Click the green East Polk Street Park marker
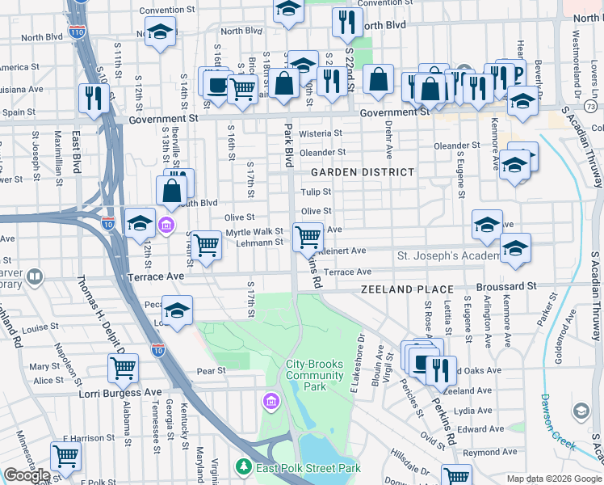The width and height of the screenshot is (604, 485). click(241, 467)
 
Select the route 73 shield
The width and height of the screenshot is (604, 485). click(591, 107)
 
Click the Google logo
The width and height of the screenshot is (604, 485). click(27, 475)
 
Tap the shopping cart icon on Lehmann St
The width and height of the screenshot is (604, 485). click(307, 237)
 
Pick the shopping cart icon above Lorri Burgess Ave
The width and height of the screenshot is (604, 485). click(123, 367)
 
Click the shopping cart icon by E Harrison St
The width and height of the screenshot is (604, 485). click(65, 455)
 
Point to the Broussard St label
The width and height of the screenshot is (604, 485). click(506, 286)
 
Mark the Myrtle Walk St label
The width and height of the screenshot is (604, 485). click(254, 232)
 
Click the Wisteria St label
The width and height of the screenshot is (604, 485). click(321, 133)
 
